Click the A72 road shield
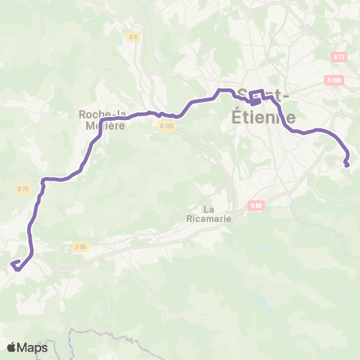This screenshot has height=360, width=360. pyautogui.click(x=340, y=56)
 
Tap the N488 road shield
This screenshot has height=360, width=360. pyautogui.click(x=334, y=80)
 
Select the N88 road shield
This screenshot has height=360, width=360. pyautogui.click(x=257, y=205)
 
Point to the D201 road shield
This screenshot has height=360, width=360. pyautogui.click(x=166, y=126)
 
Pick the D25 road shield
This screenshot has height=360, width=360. pyautogui.click(x=22, y=189)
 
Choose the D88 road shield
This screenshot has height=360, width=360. pyautogui.click(x=81, y=245)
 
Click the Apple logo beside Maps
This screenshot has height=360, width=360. pyautogui.click(x=11, y=347)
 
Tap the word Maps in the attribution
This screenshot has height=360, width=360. pyautogui.click(x=33, y=347)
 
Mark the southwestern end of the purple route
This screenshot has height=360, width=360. pyautogui.click(x=12, y=262)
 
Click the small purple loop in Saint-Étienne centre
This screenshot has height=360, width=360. pyautogui.click(x=256, y=97)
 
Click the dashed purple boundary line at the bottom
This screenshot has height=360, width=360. pyautogui.click(x=97, y=331)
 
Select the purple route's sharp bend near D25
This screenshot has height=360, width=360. pyautogui.click(x=44, y=180)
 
